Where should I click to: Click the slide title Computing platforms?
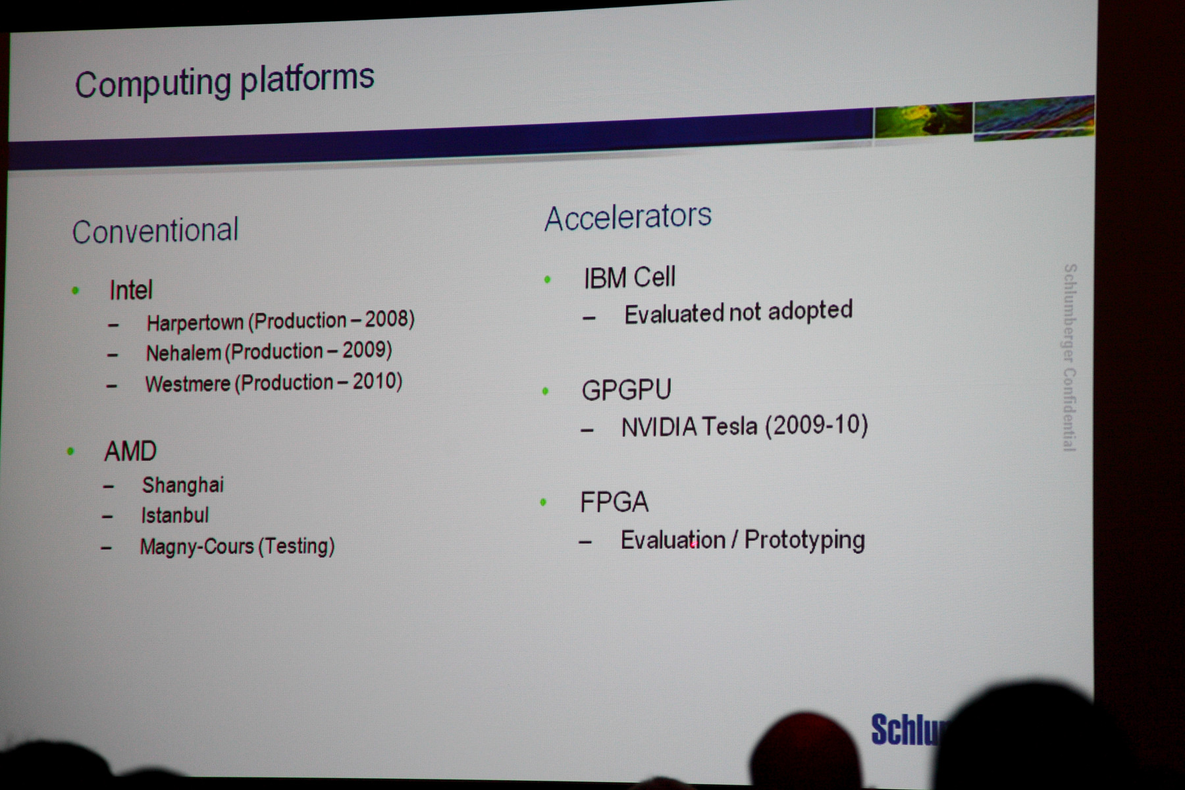[x=224, y=82]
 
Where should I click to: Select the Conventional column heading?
[x=155, y=231]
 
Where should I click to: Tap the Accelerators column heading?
[x=628, y=217]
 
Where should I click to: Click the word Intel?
[x=131, y=290]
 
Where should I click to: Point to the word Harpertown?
[x=195, y=323]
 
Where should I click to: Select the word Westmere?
[x=188, y=384]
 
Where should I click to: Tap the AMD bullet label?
[x=130, y=452]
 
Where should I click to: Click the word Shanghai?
[x=183, y=485]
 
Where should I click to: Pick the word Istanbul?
[x=174, y=515]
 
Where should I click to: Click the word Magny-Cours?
[x=197, y=546]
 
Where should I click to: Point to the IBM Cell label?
[x=629, y=277]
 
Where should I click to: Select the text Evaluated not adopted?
[x=739, y=313]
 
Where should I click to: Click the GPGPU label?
[x=626, y=390]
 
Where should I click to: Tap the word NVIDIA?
[x=659, y=427]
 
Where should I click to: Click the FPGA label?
[x=614, y=502]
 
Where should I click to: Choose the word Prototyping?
[x=804, y=540]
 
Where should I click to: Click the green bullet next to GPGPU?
[x=545, y=391]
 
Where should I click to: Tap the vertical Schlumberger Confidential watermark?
[x=1070, y=357]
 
